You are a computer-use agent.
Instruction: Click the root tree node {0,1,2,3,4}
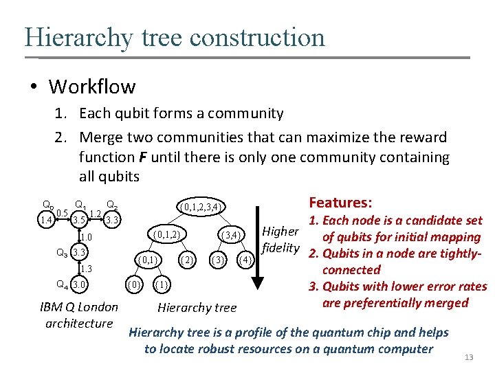pos(199,207)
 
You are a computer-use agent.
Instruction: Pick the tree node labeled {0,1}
pos(148,260)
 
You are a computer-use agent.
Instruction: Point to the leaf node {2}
pos(186,260)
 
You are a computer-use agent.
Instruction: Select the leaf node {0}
pos(135,284)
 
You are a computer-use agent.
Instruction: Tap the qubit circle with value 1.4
pos(47,220)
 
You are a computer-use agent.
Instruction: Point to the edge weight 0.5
pos(62,212)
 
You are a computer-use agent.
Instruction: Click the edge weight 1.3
pos(87,269)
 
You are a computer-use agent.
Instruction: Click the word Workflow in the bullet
pos(92,87)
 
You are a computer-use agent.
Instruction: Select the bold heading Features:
pos(340,203)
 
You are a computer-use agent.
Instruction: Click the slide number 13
pos(470,357)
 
